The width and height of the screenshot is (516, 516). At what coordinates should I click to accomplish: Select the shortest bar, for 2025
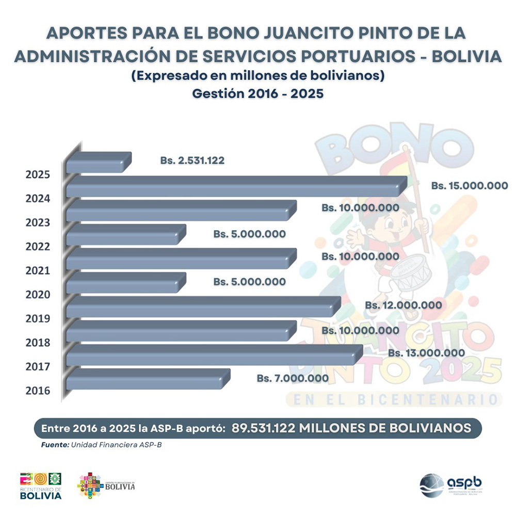(x=98, y=163)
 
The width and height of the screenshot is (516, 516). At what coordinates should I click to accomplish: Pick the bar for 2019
(x=201, y=308)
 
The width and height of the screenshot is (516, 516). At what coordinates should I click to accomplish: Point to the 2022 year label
(x=38, y=246)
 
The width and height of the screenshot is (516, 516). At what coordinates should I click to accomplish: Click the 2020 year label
(x=38, y=295)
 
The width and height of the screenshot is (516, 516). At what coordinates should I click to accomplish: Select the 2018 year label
(x=38, y=343)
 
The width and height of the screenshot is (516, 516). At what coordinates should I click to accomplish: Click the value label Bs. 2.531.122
(x=192, y=160)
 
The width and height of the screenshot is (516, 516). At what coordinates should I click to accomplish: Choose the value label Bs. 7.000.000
(x=293, y=378)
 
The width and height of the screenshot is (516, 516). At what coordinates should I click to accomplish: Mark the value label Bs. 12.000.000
(x=404, y=305)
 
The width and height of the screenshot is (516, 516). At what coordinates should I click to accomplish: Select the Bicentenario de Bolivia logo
(x=41, y=485)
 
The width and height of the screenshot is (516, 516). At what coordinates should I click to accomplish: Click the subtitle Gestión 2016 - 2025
(x=257, y=94)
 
